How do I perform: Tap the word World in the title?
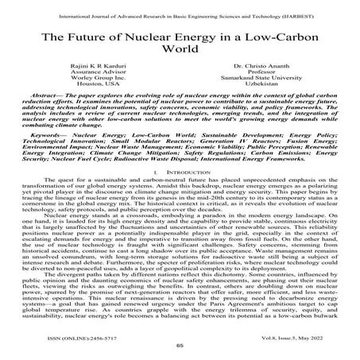(x=180, y=54)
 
